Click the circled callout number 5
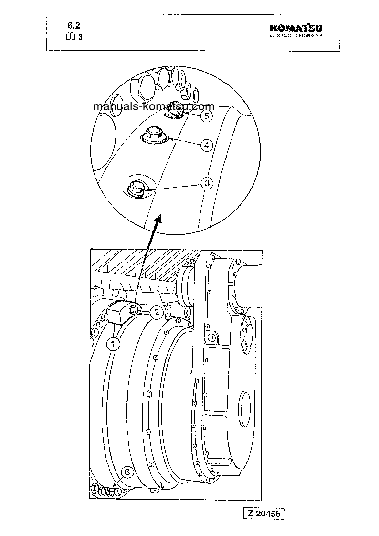coord(206,116)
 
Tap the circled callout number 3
coord(206,183)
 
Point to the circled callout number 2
coord(156,313)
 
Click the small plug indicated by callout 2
coord(135,311)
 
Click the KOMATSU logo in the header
coord(295,29)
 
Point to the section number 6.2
coord(74,26)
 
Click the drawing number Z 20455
coord(265,514)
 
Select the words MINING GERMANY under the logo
coord(295,36)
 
